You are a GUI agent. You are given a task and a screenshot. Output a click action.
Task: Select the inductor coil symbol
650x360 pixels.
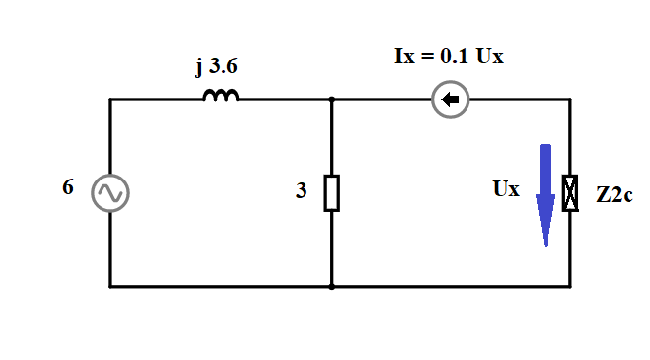(x=221, y=96)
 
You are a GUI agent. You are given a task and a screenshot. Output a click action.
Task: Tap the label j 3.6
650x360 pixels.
(x=217, y=66)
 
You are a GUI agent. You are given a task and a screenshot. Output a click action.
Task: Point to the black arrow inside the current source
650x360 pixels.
(x=450, y=100)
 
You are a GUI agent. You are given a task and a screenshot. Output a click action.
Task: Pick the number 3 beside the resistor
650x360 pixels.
(x=302, y=190)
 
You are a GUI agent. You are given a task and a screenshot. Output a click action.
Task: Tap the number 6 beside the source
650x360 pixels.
(x=68, y=187)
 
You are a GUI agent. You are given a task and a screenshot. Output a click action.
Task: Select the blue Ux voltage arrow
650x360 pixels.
(x=546, y=195)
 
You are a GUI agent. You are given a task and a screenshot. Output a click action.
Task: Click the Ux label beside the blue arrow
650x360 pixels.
(x=507, y=189)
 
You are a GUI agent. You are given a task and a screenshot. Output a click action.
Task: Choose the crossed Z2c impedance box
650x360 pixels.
(x=570, y=193)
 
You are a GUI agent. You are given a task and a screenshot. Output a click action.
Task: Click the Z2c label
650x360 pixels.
(x=615, y=194)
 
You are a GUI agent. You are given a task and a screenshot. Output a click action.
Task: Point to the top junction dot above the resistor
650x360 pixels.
(x=331, y=100)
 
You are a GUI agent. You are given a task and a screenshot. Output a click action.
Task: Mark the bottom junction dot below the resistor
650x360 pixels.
(x=331, y=286)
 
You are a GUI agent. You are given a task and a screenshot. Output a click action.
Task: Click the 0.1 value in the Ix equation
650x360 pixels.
(x=455, y=56)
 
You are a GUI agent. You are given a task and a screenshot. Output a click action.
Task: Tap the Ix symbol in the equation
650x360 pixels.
(x=404, y=56)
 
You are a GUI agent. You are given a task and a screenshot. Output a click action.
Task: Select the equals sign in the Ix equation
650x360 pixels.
(x=427, y=57)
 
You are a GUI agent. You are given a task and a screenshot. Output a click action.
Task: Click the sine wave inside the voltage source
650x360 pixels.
(x=110, y=193)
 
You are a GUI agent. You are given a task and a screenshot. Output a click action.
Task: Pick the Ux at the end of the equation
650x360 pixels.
(x=490, y=56)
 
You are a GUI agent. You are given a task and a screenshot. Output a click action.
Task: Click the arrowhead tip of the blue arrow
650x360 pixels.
(x=546, y=247)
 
